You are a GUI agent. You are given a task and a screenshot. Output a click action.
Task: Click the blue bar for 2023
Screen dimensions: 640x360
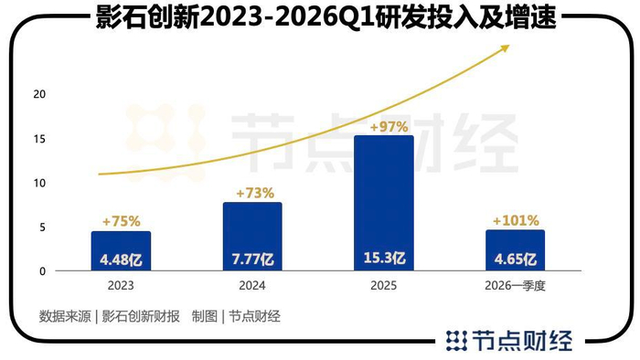click(121, 250)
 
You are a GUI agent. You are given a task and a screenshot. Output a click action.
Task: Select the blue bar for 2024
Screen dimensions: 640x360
click(252, 236)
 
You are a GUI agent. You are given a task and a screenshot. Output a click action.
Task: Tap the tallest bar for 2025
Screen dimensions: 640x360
click(384, 203)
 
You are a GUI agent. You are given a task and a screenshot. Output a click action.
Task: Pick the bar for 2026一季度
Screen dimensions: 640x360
click(515, 250)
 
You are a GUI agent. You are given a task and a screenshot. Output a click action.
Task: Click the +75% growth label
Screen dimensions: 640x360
click(122, 221)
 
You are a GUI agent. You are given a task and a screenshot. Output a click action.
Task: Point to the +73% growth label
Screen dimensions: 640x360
click(255, 193)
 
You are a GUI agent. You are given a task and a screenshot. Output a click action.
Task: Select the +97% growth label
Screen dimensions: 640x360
click(389, 127)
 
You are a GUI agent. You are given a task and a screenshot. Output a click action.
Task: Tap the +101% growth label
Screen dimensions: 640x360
click(516, 220)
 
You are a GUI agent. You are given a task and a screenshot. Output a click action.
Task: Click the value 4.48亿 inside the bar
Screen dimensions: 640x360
click(121, 259)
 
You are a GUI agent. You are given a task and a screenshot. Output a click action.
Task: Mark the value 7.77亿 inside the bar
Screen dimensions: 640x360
click(252, 259)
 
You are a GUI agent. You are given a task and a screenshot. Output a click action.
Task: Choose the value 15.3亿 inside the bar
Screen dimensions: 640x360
click(384, 258)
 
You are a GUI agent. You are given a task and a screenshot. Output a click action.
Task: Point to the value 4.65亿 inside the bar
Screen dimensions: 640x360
click(515, 259)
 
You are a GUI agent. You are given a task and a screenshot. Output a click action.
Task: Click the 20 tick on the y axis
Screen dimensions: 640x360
click(39, 94)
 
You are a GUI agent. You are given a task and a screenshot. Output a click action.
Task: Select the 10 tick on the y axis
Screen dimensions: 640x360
click(39, 183)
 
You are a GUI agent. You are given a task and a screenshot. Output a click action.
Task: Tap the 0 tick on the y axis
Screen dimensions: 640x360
click(42, 271)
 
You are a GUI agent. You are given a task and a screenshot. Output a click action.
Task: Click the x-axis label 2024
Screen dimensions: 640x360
click(252, 285)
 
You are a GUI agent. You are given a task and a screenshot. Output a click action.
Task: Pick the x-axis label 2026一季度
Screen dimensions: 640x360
click(515, 285)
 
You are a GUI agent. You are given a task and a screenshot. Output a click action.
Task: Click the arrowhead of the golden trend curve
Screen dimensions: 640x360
click(506, 48)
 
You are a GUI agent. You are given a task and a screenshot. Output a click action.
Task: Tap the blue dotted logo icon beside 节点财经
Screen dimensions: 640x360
click(456, 341)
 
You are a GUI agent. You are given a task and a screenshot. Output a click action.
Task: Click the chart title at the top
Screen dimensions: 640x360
click(325, 17)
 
